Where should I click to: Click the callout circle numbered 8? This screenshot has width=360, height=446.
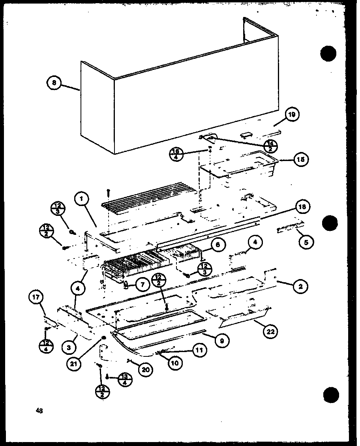(54, 83)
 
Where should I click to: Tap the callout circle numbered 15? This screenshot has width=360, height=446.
(301, 159)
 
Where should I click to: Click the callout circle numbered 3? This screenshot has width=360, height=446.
(69, 348)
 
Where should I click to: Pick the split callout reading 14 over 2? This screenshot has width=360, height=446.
(270, 146)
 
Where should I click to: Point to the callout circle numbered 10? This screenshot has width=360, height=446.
(174, 362)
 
